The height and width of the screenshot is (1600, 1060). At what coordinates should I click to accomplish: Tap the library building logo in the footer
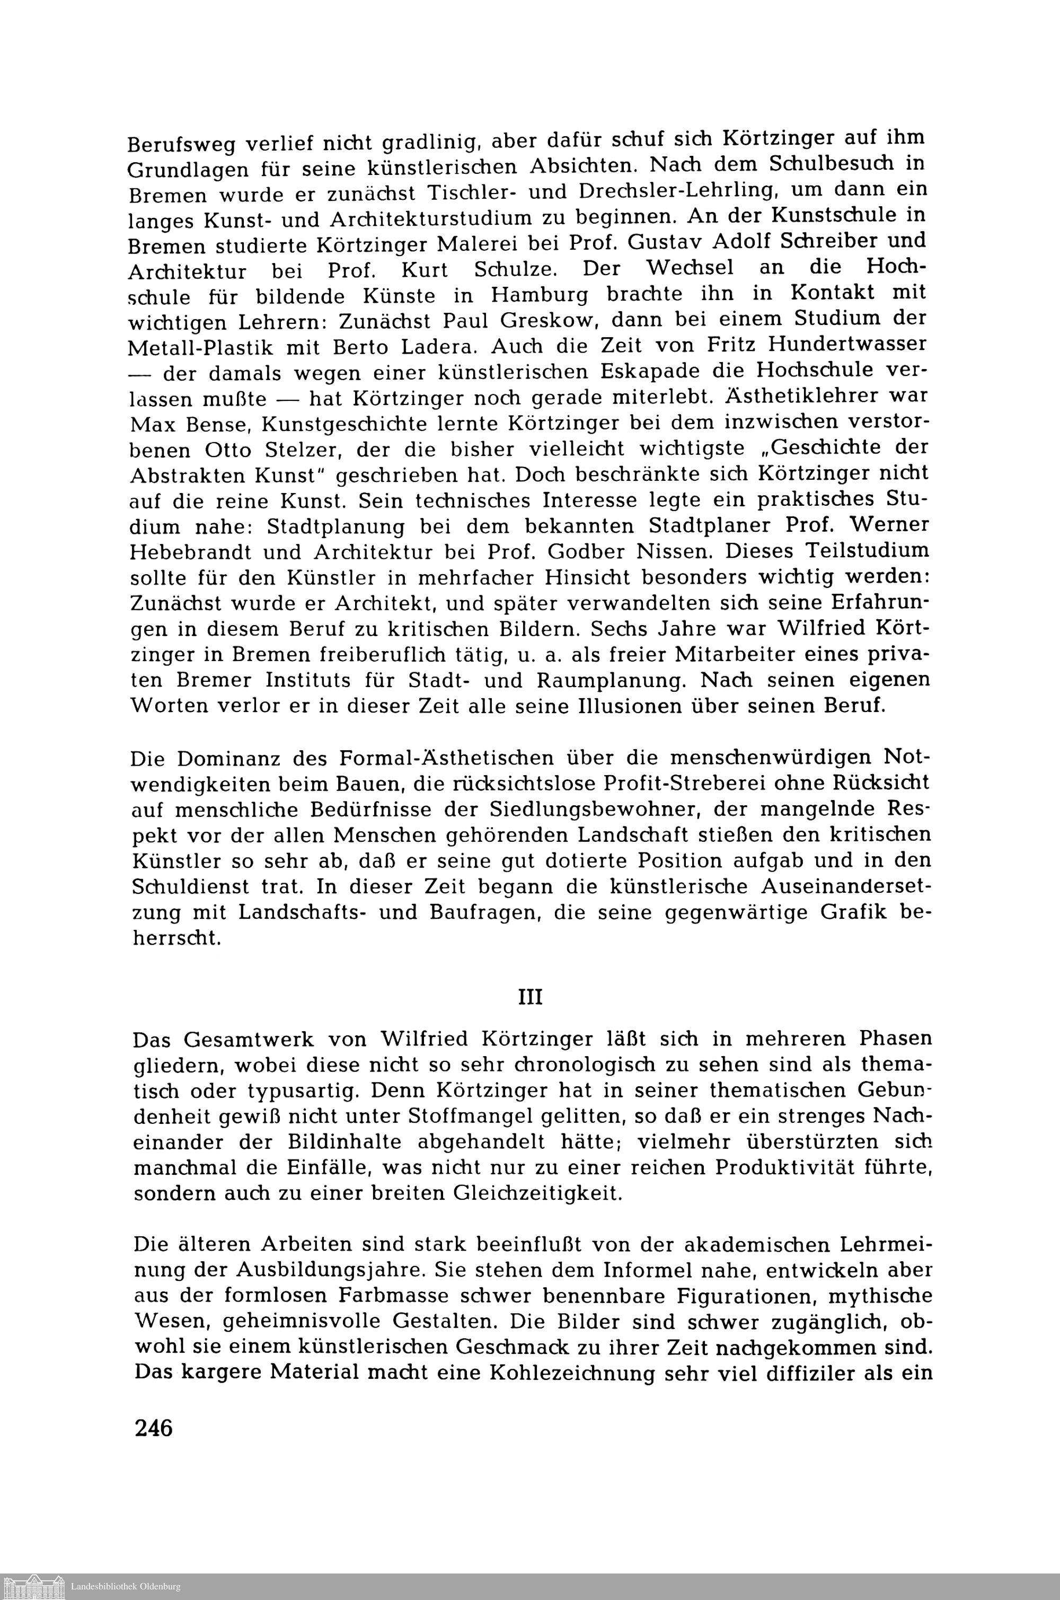click(34, 1585)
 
